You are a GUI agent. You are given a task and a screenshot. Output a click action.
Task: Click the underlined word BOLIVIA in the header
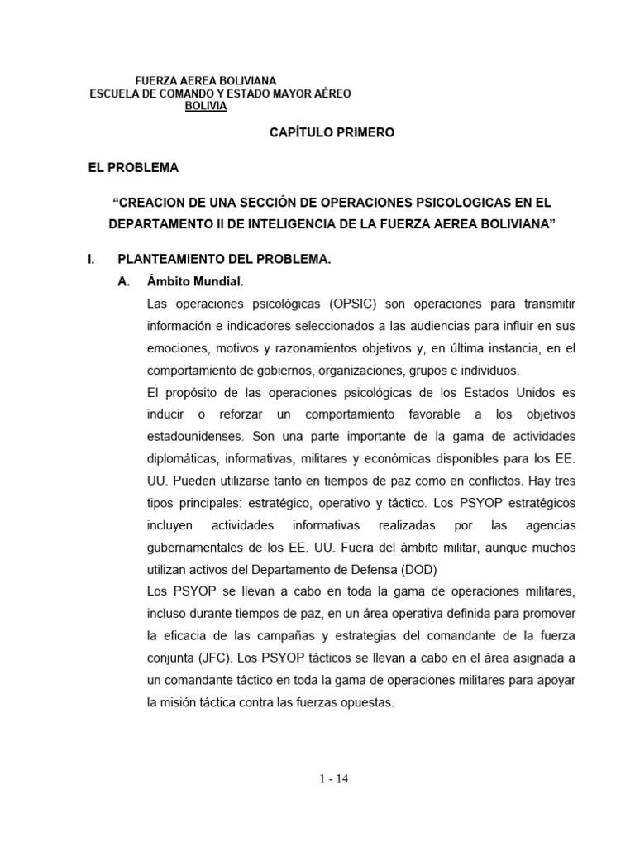click(x=206, y=106)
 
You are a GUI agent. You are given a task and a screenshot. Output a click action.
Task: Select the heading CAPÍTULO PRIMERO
click(x=321, y=132)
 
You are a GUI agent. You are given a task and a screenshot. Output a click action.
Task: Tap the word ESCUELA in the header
click(x=114, y=94)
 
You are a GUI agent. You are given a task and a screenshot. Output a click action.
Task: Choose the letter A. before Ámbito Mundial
click(x=126, y=281)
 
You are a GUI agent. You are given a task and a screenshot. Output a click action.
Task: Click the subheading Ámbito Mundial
click(x=187, y=281)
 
